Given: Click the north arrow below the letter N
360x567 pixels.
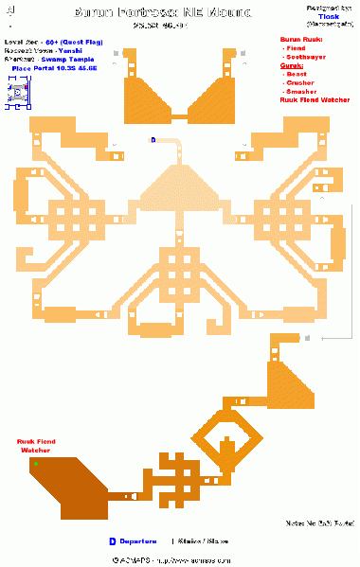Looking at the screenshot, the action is [9, 22].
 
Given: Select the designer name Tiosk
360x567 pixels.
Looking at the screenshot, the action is [330, 16].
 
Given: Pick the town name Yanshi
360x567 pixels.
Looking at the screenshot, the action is [69, 51].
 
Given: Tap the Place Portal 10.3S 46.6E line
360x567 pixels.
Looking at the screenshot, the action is [54, 67].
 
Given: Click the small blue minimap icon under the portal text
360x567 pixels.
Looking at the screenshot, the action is [17, 92].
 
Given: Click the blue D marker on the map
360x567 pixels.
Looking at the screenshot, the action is [152, 139].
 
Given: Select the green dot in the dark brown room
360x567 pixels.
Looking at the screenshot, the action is [34, 464].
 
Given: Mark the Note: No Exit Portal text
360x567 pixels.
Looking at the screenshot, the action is [319, 523].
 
